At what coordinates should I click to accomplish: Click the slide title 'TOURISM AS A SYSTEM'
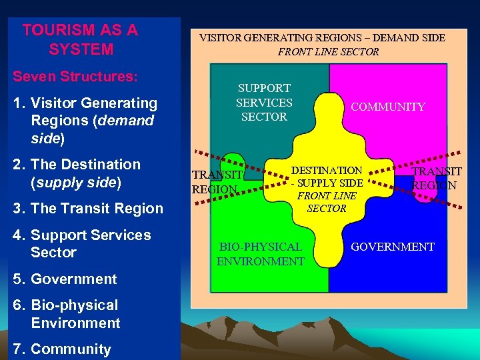click(x=80, y=39)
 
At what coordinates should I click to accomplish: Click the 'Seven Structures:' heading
click(x=75, y=77)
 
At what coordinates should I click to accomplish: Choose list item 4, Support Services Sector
click(x=91, y=243)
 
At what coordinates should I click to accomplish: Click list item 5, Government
click(x=73, y=279)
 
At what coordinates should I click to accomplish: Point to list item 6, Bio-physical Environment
click(x=75, y=314)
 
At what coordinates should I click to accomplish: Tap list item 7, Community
click(x=71, y=349)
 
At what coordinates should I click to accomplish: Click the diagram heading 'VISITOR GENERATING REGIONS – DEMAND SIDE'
click(x=322, y=38)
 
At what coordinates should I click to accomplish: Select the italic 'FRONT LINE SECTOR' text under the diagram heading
click(x=328, y=51)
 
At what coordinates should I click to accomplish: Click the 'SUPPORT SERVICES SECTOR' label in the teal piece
click(x=264, y=102)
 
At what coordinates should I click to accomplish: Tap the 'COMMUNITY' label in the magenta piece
click(x=387, y=107)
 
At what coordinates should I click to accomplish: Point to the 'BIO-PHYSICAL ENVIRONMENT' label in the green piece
click(x=260, y=254)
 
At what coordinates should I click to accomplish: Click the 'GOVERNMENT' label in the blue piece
click(x=392, y=247)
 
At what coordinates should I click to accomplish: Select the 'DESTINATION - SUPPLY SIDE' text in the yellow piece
click(x=327, y=177)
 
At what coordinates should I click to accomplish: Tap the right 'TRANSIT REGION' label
click(x=434, y=179)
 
